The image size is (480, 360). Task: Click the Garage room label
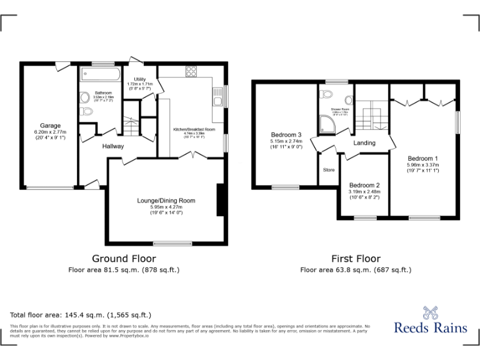(x=50, y=126)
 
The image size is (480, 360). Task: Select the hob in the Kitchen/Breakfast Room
(x=191, y=71)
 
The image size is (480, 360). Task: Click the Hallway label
(x=113, y=146)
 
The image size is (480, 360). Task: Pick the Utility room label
(x=139, y=79)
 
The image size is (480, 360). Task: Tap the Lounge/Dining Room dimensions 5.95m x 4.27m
(x=166, y=207)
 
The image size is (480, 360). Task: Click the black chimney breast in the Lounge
(x=219, y=201)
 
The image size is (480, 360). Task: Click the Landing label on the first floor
(x=364, y=143)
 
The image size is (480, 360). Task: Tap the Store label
(x=328, y=169)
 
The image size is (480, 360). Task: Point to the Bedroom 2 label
(x=364, y=185)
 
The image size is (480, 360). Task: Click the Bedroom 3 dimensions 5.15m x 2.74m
(x=286, y=142)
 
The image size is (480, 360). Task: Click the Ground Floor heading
(x=124, y=258)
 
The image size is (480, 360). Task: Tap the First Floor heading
(x=356, y=258)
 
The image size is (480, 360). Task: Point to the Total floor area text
(x=81, y=315)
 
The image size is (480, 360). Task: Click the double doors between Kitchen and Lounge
(x=196, y=156)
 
